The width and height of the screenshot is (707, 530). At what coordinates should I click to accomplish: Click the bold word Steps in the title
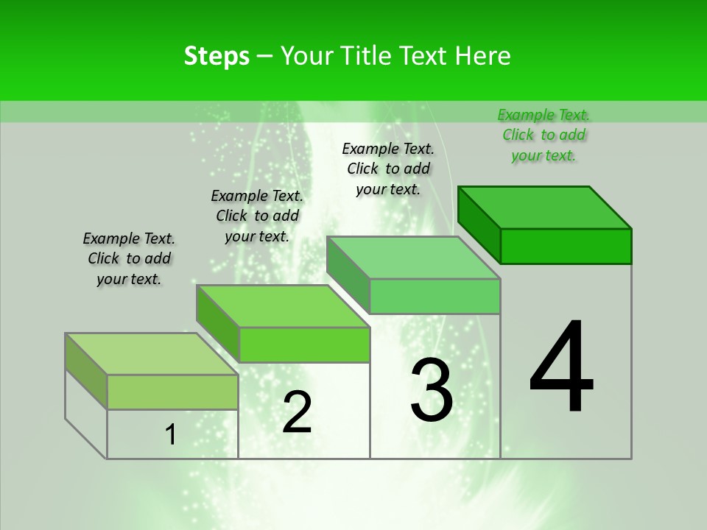[x=217, y=56]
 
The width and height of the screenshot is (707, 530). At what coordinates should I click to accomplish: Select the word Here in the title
[x=484, y=56]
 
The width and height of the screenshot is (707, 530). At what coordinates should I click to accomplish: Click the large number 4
[x=561, y=368]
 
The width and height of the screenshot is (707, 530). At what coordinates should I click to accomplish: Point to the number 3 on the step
[x=432, y=390]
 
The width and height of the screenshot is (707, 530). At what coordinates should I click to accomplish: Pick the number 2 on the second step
[x=297, y=412]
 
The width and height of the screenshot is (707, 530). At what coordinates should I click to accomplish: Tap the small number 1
[x=171, y=435]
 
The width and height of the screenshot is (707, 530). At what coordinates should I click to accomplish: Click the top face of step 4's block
[x=545, y=207]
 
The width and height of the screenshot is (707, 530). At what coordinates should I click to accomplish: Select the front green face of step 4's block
[x=566, y=246]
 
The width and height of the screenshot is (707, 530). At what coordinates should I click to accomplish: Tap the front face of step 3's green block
[x=435, y=296]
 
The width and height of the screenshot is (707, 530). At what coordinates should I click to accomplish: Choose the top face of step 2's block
[x=283, y=306]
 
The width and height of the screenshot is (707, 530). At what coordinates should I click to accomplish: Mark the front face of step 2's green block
[x=304, y=344]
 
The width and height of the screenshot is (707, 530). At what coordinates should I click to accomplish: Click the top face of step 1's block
[x=152, y=354]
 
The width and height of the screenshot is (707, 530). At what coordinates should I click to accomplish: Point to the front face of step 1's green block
[x=172, y=392]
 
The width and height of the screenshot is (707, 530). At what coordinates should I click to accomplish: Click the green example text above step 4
[x=544, y=135]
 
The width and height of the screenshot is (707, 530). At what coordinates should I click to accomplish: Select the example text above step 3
[x=388, y=169]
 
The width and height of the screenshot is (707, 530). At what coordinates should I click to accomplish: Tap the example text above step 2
[x=257, y=216]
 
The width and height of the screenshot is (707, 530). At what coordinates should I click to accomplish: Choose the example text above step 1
[x=129, y=258]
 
